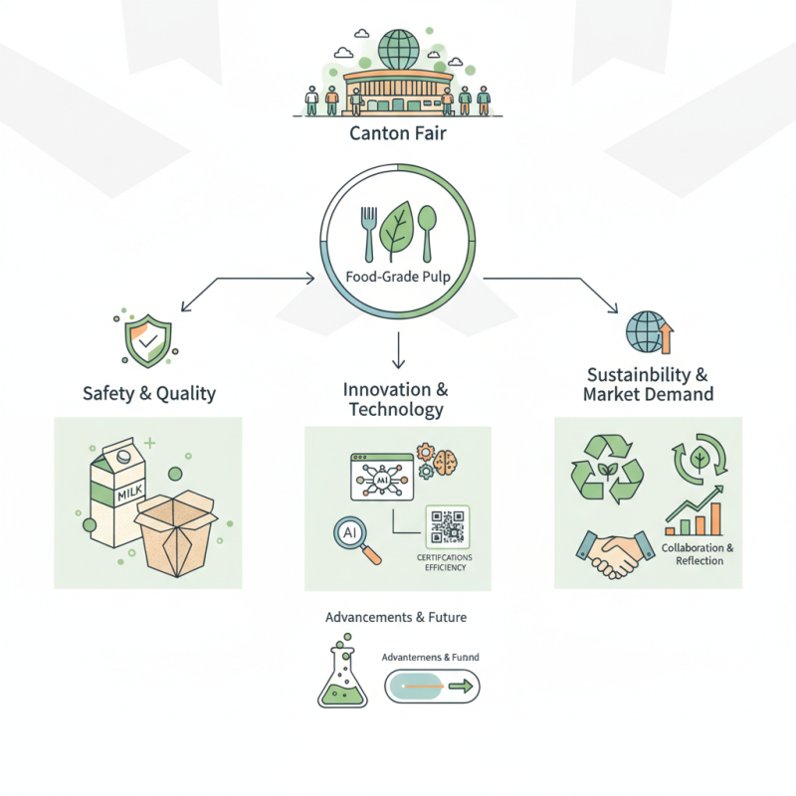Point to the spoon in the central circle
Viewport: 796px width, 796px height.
point(429,228)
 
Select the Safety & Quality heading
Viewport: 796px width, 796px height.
point(148,393)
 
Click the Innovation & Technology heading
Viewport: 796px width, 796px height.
point(395,398)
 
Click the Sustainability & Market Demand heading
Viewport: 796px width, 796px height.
point(648,385)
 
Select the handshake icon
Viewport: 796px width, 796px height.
point(609,554)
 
